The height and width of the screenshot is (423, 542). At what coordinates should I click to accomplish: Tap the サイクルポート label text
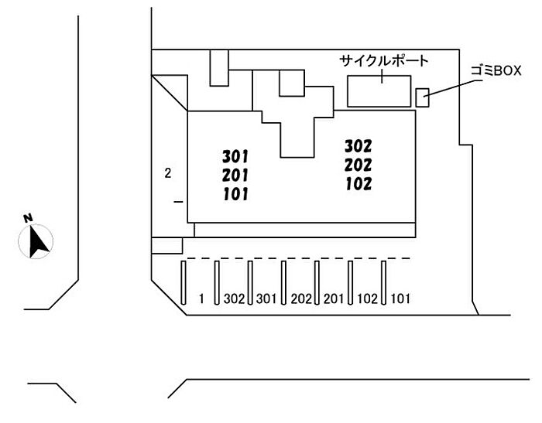click(384, 60)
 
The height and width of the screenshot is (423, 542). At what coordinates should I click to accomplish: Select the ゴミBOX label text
click(497, 70)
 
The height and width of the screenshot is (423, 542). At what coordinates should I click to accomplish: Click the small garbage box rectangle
click(423, 97)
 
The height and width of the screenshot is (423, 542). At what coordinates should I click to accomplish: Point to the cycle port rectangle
click(379, 90)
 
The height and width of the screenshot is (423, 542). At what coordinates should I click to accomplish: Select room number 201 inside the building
click(235, 176)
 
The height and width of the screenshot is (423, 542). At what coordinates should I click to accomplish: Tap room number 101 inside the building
click(235, 194)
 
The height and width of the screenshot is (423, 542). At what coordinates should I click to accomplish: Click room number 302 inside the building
click(358, 146)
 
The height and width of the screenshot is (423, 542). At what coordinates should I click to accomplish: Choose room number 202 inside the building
click(358, 165)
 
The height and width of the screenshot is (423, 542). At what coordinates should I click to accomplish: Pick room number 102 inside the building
click(358, 184)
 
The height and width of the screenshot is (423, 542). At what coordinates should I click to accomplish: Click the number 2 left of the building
click(167, 172)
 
